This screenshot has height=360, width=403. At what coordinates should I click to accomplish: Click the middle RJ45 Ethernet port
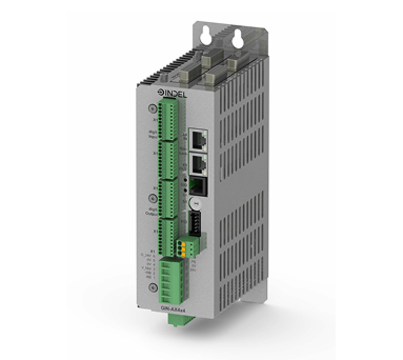[199, 163]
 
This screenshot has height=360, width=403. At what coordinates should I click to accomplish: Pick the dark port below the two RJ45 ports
[199, 185]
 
